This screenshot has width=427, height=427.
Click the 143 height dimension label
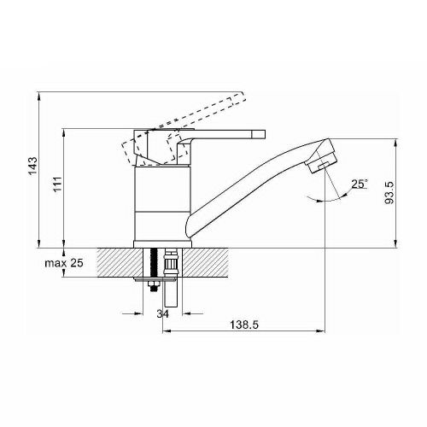click(x=33, y=166)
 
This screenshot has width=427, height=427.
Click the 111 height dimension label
click(x=58, y=184)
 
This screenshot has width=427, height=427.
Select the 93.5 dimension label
click(x=389, y=193)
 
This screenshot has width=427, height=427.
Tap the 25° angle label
click(x=360, y=184)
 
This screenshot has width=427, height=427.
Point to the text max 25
click(x=64, y=263)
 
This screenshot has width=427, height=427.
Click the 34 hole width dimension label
click(x=162, y=313)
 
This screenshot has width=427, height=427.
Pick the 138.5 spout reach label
click(x=244, y=325)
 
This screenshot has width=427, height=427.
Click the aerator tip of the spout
click(x=322, y=164)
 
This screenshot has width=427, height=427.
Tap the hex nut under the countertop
click(x=154, y=286)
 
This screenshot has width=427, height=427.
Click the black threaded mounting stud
click(x=154, y=263)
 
